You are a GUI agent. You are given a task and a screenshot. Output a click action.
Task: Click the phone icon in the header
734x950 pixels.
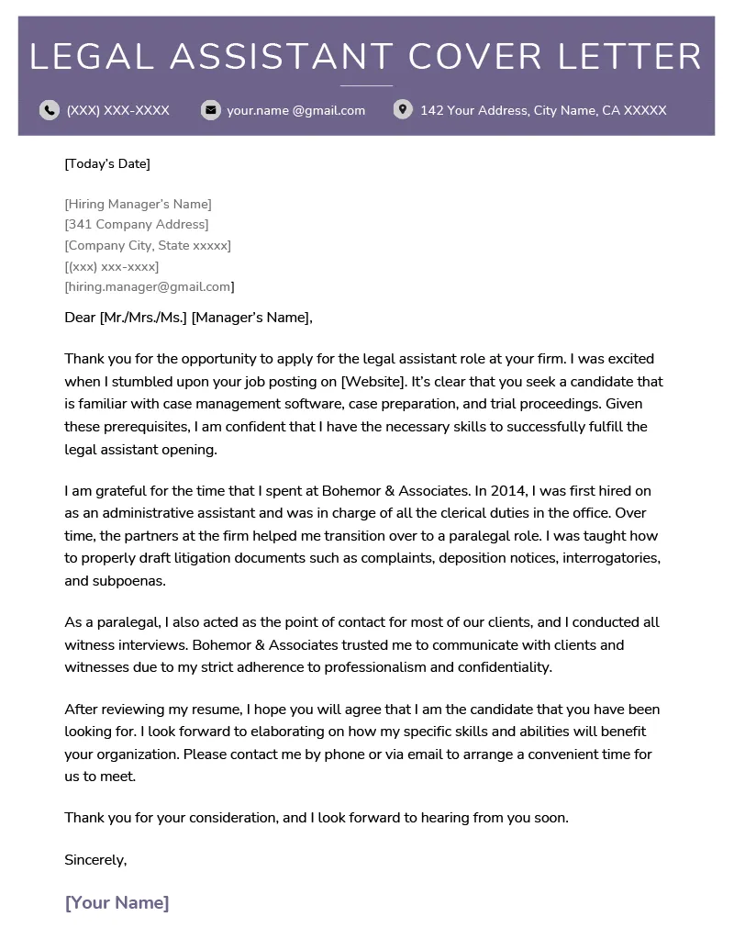tap(49, 110)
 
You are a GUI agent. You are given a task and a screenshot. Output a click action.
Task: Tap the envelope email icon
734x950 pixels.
tap(211, 110)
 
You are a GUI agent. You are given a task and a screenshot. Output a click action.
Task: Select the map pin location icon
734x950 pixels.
tap(402, 110)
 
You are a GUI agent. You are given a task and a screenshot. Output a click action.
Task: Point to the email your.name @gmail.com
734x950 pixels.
tap(295, 110)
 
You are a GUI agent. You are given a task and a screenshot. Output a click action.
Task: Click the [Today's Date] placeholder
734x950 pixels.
tap(107, 163)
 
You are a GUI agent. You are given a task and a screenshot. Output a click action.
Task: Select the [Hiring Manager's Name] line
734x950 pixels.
tap(138, 204)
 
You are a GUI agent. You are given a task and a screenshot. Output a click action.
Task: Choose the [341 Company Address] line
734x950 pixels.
tap(137, 224)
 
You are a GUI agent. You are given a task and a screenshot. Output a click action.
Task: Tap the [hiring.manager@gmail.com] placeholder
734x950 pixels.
tap(150, 286)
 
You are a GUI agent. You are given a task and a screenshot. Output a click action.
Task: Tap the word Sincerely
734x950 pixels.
tap(95, 860)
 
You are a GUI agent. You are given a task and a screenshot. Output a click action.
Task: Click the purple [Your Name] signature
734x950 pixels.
tap(117, 902)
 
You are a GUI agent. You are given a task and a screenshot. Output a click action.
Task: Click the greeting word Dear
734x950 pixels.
tap(80, 318)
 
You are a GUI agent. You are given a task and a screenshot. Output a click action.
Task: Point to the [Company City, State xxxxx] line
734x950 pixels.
tap(148, 245)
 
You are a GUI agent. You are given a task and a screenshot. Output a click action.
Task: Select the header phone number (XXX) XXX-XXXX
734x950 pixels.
tap(117, 110)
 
